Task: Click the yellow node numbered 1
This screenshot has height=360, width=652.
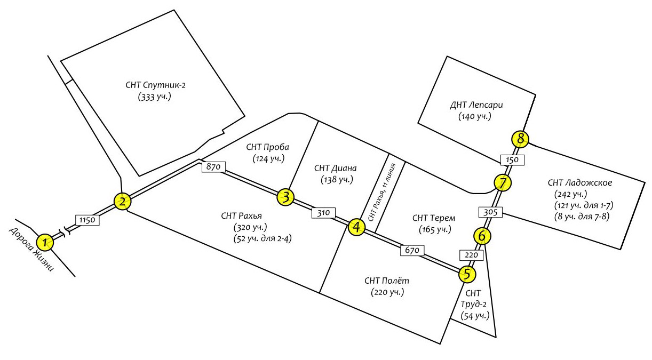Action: point(45,243)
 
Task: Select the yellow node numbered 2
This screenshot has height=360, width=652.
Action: point(122,202)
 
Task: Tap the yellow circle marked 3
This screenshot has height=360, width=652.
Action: point(285,197)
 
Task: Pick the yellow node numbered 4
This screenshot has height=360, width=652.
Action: point(356,227)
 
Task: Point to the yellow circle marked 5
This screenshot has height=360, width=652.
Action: point(467,274)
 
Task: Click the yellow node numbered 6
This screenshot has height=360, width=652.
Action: point(482,236)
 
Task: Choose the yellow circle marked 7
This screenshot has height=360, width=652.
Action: point(503,183)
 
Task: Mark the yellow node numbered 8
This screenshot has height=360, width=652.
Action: point(520,139)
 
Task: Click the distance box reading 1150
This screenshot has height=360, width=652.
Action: point(88,220)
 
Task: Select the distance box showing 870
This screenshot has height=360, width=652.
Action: point(213,167)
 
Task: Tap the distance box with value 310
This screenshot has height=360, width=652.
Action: point(323,213)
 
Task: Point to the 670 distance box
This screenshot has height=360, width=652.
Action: point(412,250)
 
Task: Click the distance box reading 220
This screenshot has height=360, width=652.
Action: point(471,255)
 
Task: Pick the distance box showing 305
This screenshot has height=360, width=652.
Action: point(490,212)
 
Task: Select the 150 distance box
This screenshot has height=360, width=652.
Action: point(512,160)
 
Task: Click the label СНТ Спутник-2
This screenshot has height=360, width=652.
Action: point(155,85)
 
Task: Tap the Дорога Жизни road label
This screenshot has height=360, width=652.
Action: point(31,249)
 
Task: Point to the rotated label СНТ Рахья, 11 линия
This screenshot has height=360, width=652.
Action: point(382,193)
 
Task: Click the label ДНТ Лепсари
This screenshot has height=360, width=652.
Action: point(476,105)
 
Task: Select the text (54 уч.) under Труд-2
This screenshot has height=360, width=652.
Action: point(475,316)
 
